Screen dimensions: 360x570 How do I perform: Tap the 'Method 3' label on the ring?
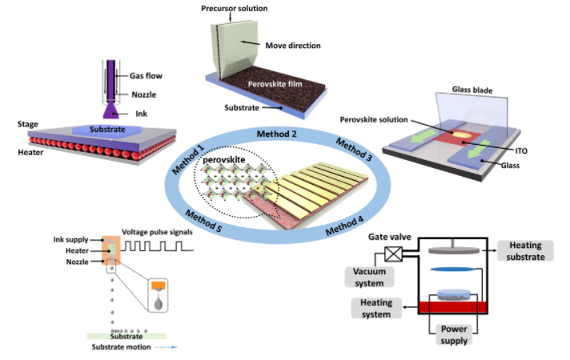pyautogui.click(x=354, y=150)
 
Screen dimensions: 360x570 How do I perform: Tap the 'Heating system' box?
pyautogui.click(x=375, y=308)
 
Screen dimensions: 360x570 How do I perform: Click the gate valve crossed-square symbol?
pyautogui.click(x=394, y=253)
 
